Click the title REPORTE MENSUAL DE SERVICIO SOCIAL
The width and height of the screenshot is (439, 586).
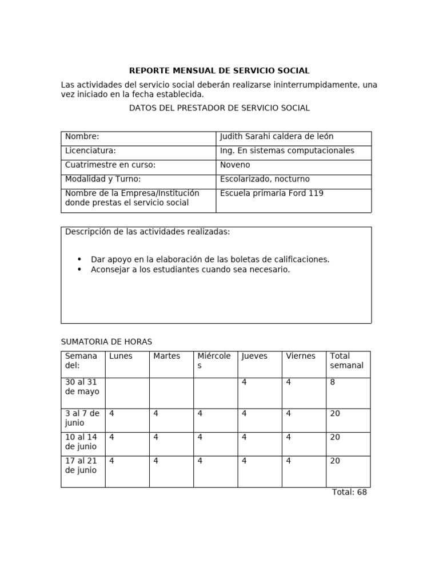(219, 71)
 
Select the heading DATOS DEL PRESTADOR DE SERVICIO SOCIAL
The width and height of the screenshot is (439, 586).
(219, 108)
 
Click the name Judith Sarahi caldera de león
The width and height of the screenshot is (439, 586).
(276, 137)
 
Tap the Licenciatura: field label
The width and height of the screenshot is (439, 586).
(90, 151)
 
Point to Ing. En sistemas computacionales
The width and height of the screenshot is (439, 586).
(287, 151)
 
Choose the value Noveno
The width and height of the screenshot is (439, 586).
(235, 165)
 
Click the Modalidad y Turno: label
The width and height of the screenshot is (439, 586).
(103, 179)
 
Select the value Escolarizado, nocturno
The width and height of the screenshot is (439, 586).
(265, 179)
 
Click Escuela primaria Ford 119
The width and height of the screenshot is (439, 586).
(272, 193)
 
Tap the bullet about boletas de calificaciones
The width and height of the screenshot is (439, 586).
(210, 259)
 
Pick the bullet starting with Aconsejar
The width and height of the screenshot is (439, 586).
(190, 270)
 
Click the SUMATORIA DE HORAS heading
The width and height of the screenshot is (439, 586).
(106, 342)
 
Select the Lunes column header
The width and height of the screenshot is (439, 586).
(121, 356)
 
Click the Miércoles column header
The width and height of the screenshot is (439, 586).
(214, 361)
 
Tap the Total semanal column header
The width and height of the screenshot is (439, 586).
(346, 361)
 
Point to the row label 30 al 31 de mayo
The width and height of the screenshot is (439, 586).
(82, 387)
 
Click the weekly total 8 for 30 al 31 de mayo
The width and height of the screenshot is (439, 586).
(333, 382)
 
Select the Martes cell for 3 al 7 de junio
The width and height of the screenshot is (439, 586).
(156, 413)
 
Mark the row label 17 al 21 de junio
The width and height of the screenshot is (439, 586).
(81, 465)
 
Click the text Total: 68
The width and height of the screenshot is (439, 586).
(349, 492)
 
